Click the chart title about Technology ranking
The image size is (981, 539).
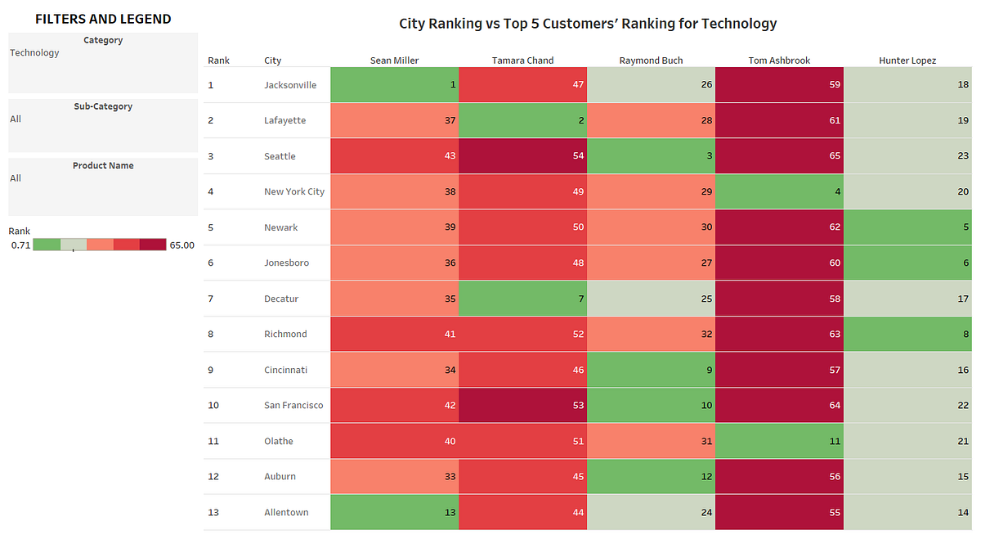[587, 24]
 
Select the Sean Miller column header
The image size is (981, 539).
[394, 61]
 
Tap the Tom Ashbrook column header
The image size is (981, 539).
[778, 61]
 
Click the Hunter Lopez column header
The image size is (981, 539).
[907, 61]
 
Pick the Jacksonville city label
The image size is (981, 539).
[290, 85]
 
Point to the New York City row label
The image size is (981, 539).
[293, 191]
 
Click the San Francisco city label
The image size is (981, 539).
[293, 406]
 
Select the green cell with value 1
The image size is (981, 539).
[395, 85]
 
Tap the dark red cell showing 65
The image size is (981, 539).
[779, 156]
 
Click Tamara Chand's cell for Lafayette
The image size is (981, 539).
[522, 120]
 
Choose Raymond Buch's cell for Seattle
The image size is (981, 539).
[651, 156]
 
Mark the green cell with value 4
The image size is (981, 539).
[779, 191]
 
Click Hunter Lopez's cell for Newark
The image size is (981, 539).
[907, 227]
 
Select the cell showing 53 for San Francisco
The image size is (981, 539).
[522, 406]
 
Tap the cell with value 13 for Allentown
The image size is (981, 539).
[395, 513]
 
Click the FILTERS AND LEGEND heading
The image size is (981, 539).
[103, 19]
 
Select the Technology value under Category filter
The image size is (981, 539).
[34, 53]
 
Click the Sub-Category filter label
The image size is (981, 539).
[103, 106]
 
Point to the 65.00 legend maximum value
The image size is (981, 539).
[181, 245]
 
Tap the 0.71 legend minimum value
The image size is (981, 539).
[21, 245]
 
